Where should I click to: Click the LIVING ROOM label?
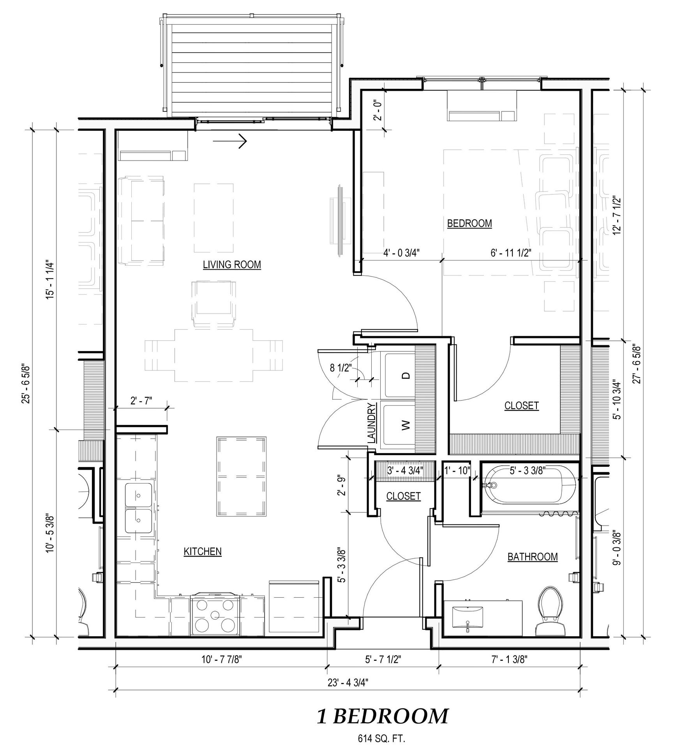pos(232,265)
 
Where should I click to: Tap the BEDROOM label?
pos(469,224)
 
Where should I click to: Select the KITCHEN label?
pos(203,551)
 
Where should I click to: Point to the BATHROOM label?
pos(533,557)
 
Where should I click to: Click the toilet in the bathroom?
pos(550,612)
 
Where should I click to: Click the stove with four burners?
pos(215,616)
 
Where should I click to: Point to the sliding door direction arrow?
pos(230,141)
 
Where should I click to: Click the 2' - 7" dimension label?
pos(141,400)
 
